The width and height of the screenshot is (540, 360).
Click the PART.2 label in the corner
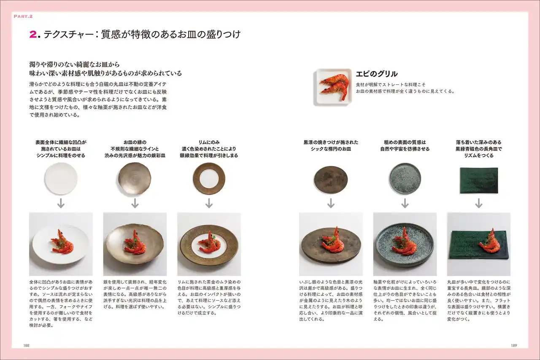pyautogui.click(x=23, y=16)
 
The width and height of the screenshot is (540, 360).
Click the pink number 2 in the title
pyautogui.click(x=33, y=35)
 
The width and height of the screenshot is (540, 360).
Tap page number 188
pyautogui.click(x=26, y=345)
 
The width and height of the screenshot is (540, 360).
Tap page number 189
pyautogui.click(x=514, y=345)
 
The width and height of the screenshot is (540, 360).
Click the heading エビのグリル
pyautogui.click(x=377, y=74)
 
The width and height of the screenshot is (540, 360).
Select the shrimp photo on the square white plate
pyautogui.click(x=333, y=87)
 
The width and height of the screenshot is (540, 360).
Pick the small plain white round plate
pyautogui.click(x=61, y=179)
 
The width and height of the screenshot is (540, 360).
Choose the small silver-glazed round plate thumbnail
pyautogui.click(x=135, y=179)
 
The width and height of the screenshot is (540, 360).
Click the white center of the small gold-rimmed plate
pyautogui.click(x=209, y=179)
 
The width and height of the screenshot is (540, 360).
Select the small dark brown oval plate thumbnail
pyautogui.click(x=331, y=180)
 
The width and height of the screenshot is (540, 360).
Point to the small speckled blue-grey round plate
pyautogui.click(x=405, y=179)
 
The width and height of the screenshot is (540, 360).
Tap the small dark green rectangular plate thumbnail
pyautogui.click(x=479, y=180)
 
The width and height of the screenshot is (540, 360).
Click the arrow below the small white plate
pyautogui.click(x=61, y=203)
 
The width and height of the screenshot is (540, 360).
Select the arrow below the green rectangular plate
pyautogui.click(x=479, y=203)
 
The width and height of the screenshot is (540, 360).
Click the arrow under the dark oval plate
pyautogui.click(x=331, y=203)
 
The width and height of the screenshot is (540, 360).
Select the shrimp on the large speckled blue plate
pyautogui.click(x=402, y=242)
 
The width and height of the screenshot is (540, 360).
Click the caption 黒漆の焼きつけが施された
pyautogui.click(x=331, y=142)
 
